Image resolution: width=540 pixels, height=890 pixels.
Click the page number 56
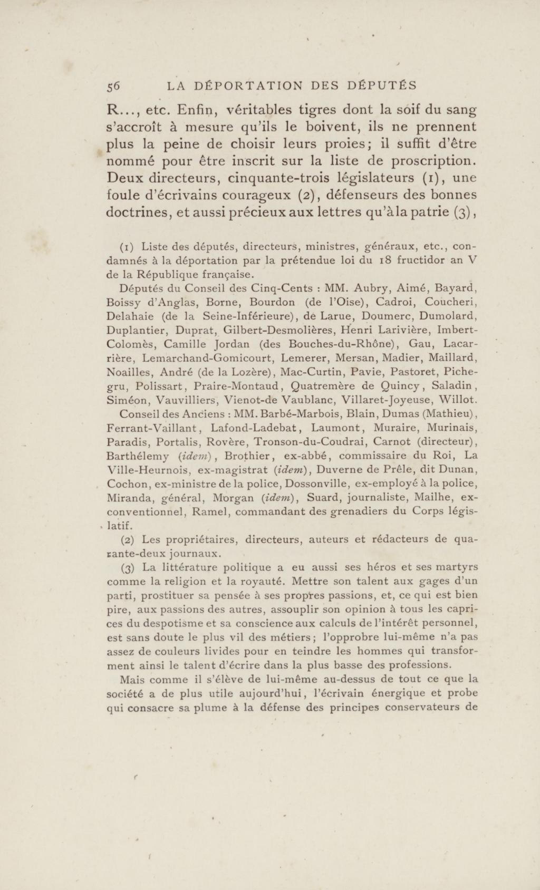click(113, 86)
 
